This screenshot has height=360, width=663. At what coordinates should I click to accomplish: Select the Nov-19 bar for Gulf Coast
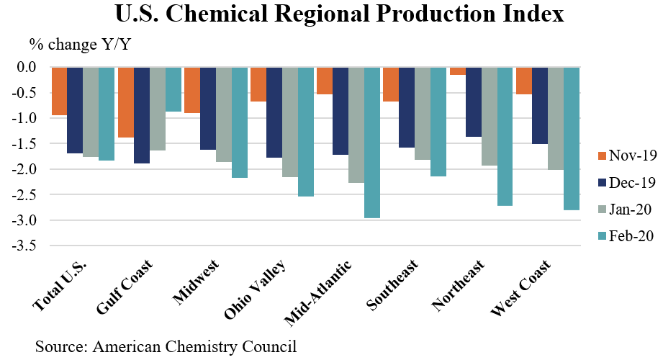[x=126, y=102]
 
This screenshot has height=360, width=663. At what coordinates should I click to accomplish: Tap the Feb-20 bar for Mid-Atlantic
[x=372, y=143]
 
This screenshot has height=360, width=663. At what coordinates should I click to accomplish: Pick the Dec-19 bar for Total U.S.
[x=75, y=110]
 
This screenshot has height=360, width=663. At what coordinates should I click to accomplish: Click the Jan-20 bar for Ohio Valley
[x=290, y=122]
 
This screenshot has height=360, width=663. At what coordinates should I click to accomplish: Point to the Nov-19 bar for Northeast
[x=457, y=71]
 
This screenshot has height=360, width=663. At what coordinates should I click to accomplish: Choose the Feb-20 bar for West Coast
[x=571, y=138]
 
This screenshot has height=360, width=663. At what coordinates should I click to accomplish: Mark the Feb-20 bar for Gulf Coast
[x=173, y=89]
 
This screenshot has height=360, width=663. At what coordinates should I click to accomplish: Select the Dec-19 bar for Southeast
[x=407, y=107]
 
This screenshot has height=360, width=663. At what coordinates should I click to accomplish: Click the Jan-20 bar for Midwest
[x=224, y=114]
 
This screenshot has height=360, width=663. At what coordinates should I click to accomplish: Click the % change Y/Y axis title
[x=81, y=44]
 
